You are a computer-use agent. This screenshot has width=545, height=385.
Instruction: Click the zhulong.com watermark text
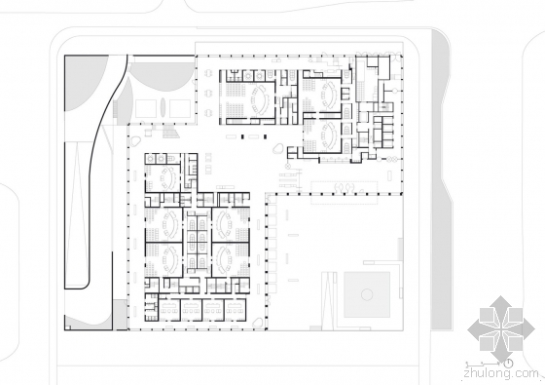(x=501, y=374)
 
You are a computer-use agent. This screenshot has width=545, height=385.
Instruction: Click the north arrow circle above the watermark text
(x=508, y=364)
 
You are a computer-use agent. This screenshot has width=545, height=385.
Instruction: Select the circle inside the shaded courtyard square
(x=367, y=294)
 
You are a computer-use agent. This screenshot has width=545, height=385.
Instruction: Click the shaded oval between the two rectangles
(x=163, y=107)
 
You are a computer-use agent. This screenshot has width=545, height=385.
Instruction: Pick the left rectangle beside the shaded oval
(x=145, y=108)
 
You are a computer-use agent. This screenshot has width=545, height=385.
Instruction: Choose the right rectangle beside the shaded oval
(x=180, y=108)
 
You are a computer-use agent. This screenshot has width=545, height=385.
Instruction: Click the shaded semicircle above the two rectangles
(x=162, y=78)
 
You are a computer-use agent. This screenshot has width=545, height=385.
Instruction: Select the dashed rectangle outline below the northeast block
(x=345, y=193)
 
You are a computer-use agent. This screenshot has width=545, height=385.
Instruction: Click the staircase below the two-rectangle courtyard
(x=170, y=132)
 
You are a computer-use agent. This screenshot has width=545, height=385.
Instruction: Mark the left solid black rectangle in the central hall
(x=243, y=136)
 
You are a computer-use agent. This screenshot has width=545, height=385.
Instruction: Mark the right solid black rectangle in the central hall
(x=265, y=136)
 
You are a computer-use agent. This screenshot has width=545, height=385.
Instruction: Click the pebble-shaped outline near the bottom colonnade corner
(x=258, y=323)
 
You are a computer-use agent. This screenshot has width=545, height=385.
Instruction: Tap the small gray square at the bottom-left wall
(x=120, y=314)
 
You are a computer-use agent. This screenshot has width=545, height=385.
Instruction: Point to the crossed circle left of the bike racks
(x=287, y=167)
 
